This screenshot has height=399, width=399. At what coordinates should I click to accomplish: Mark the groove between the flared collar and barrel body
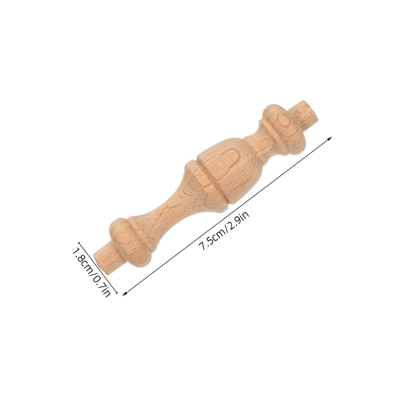pos(211,182)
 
